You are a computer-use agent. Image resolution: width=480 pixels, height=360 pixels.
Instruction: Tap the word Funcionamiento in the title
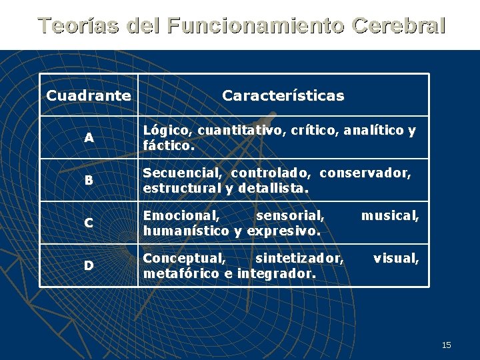click(256, 25)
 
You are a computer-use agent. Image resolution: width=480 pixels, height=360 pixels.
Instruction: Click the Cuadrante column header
click(89, 95)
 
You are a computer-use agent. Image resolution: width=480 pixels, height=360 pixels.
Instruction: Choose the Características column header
click(283, 95)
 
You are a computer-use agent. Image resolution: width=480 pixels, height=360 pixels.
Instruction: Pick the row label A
click(89, 138)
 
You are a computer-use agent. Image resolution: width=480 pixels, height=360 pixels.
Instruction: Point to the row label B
click(89, 180)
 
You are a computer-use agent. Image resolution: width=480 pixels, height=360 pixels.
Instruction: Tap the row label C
click(89, 223)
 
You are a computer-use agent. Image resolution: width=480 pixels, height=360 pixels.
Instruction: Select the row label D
click(89, 265)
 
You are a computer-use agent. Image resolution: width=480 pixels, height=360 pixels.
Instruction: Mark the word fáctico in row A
click(167, 145)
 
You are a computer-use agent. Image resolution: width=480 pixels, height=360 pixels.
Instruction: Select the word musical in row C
click(389, 216)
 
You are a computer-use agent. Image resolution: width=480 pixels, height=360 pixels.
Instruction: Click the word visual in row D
click(396, 259)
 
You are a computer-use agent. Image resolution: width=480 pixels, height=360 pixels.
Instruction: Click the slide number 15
click(447, 345)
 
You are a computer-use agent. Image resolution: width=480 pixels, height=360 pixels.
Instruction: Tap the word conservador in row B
click(365, 173)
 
